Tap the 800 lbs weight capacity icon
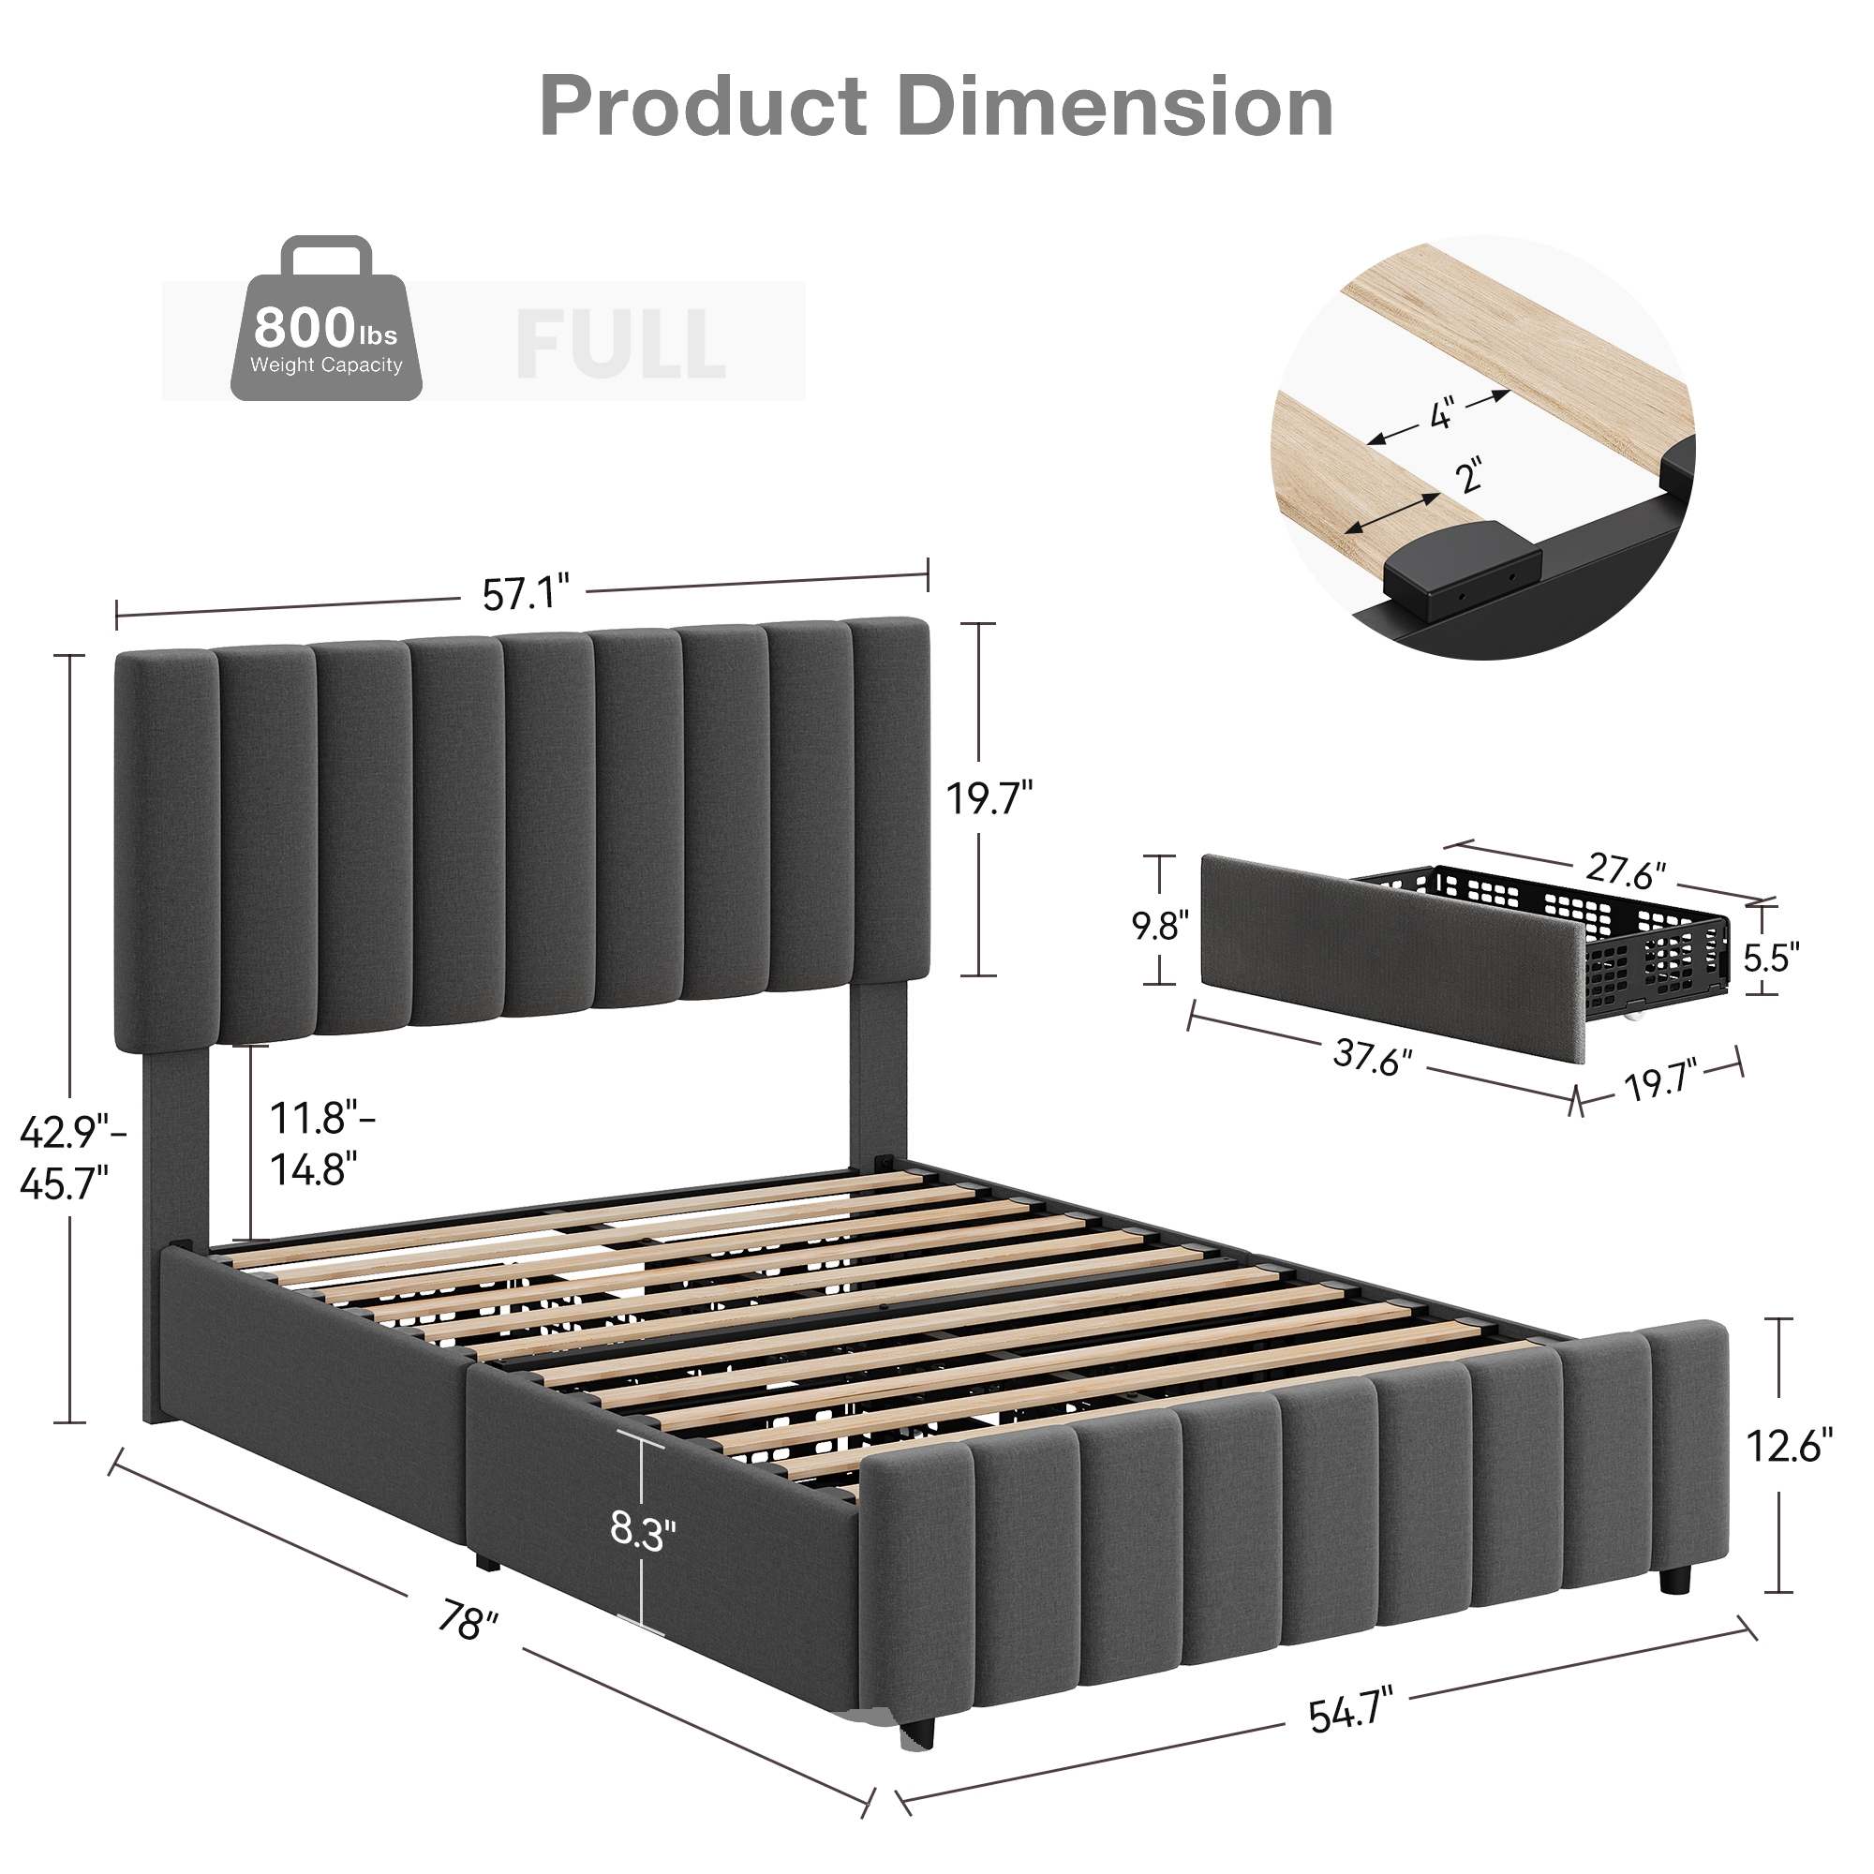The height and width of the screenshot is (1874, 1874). tap(326, 320)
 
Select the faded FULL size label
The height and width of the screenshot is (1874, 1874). tap(621, 343)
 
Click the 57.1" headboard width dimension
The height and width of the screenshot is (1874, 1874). tap(525, 594)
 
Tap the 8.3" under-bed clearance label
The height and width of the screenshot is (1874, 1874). tap(642, 1532)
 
